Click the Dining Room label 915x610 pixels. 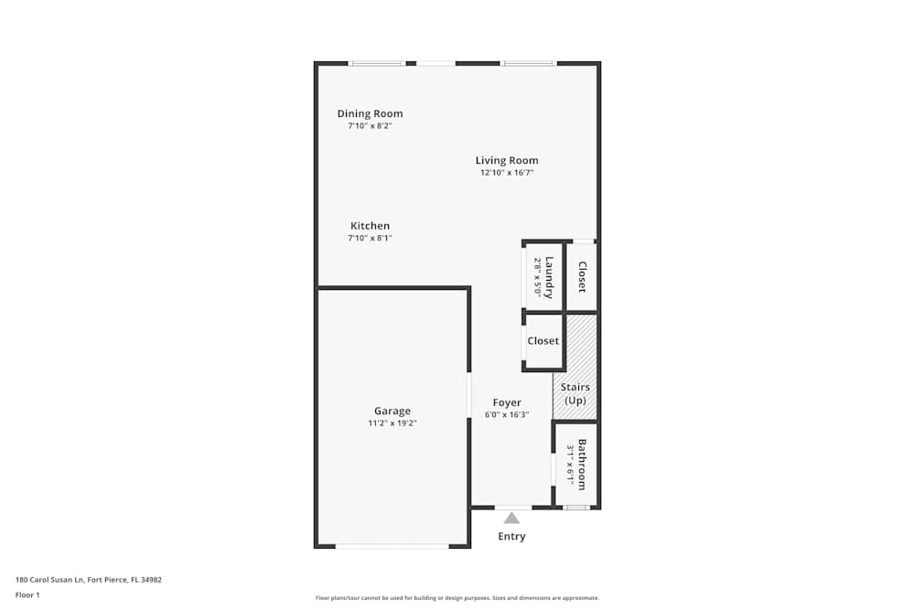370,114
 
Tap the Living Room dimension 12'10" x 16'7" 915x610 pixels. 506,173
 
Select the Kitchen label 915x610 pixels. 370,226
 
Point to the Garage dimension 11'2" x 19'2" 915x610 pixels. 392,423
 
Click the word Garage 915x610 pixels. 392,412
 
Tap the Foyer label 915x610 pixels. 507,402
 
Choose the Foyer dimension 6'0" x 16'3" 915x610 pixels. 507,414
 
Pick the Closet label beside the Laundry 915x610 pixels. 582,277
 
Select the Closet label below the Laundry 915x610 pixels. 543,341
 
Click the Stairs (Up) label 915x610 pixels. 576,394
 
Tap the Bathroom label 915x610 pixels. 581,466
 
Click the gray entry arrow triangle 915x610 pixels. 511,519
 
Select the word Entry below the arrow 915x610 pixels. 511,537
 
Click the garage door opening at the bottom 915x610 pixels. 392,546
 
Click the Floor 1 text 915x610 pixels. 27,594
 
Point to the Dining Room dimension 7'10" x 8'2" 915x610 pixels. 370,126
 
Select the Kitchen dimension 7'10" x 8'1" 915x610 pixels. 370,238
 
